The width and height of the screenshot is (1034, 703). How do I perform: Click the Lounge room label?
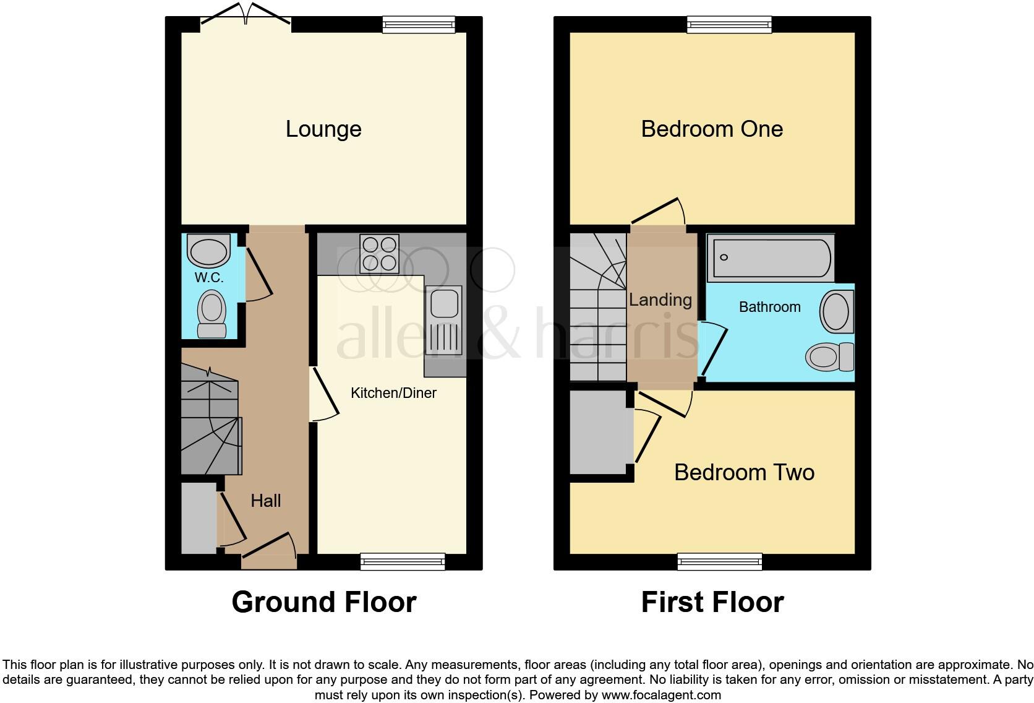coord(323,129)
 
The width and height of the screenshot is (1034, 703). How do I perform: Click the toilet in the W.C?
coord(211,314)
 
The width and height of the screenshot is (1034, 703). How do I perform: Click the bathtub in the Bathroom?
coord(770,257)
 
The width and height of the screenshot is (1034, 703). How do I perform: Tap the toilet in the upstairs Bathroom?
coord(829,357)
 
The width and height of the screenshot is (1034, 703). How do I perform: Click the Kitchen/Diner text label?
coord(393,393)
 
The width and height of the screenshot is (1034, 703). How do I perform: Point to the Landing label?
coord(660,300)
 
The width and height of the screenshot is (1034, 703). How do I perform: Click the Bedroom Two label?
coord(744,472)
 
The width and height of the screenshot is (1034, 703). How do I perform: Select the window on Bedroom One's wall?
coord(729,25)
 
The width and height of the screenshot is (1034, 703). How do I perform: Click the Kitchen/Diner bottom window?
coord(403,561)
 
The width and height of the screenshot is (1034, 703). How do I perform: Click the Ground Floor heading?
coord(323,602)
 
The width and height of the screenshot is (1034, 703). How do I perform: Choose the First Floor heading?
coord(712,602)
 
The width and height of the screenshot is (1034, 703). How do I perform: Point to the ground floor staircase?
coord(210,427)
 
